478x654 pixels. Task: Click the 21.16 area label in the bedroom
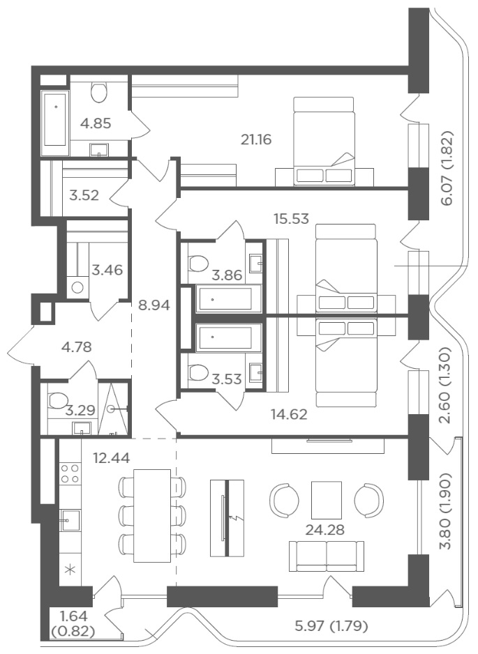tap(256, 139)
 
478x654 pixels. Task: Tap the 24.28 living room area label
tap(324, 530)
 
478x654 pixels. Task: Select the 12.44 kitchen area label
tap(111, 458)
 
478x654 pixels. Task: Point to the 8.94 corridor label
tap(154, 305)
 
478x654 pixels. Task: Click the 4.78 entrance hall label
tap(76, 347)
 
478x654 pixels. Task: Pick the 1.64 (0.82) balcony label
tap(73, 623)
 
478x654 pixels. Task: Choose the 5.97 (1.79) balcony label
tap(331, 625)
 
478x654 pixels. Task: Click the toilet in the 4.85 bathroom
tap(99, 91)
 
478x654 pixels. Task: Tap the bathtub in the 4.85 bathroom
tap(55, 119)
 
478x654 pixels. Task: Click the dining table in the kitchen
tap(152, 515)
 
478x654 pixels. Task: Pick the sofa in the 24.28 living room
tap(327, 556)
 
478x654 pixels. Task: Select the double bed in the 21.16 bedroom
tap(324, 141)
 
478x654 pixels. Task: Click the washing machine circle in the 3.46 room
tap(77, 287)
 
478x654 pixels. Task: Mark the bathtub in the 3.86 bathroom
tap(224, 298)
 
